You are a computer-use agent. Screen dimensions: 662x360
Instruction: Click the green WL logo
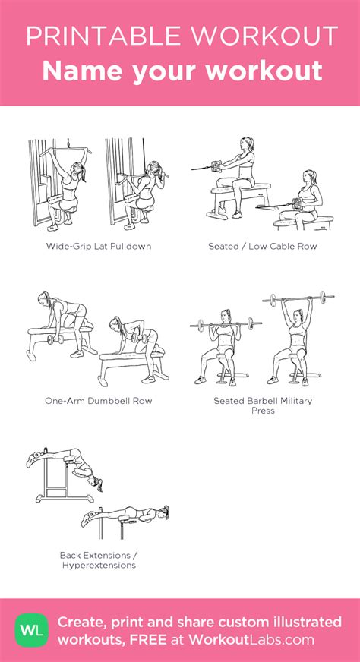(x=28, y=629)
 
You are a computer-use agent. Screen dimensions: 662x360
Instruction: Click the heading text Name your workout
(x=182, y=71)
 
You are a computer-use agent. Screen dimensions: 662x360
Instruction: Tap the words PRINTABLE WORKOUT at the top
(x=182, y=36)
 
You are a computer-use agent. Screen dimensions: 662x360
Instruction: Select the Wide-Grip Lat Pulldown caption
(x=99, y=246)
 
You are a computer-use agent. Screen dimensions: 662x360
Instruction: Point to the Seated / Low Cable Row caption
(x=263, y=246)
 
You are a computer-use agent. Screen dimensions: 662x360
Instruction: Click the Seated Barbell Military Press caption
(x=263, y=405)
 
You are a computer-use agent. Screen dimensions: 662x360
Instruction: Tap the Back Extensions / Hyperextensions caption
(x=98, y=560)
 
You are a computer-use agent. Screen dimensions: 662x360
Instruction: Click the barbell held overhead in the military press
(x=298, y=298)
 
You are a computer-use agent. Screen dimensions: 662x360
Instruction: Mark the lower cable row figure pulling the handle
(x=304, y=201)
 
